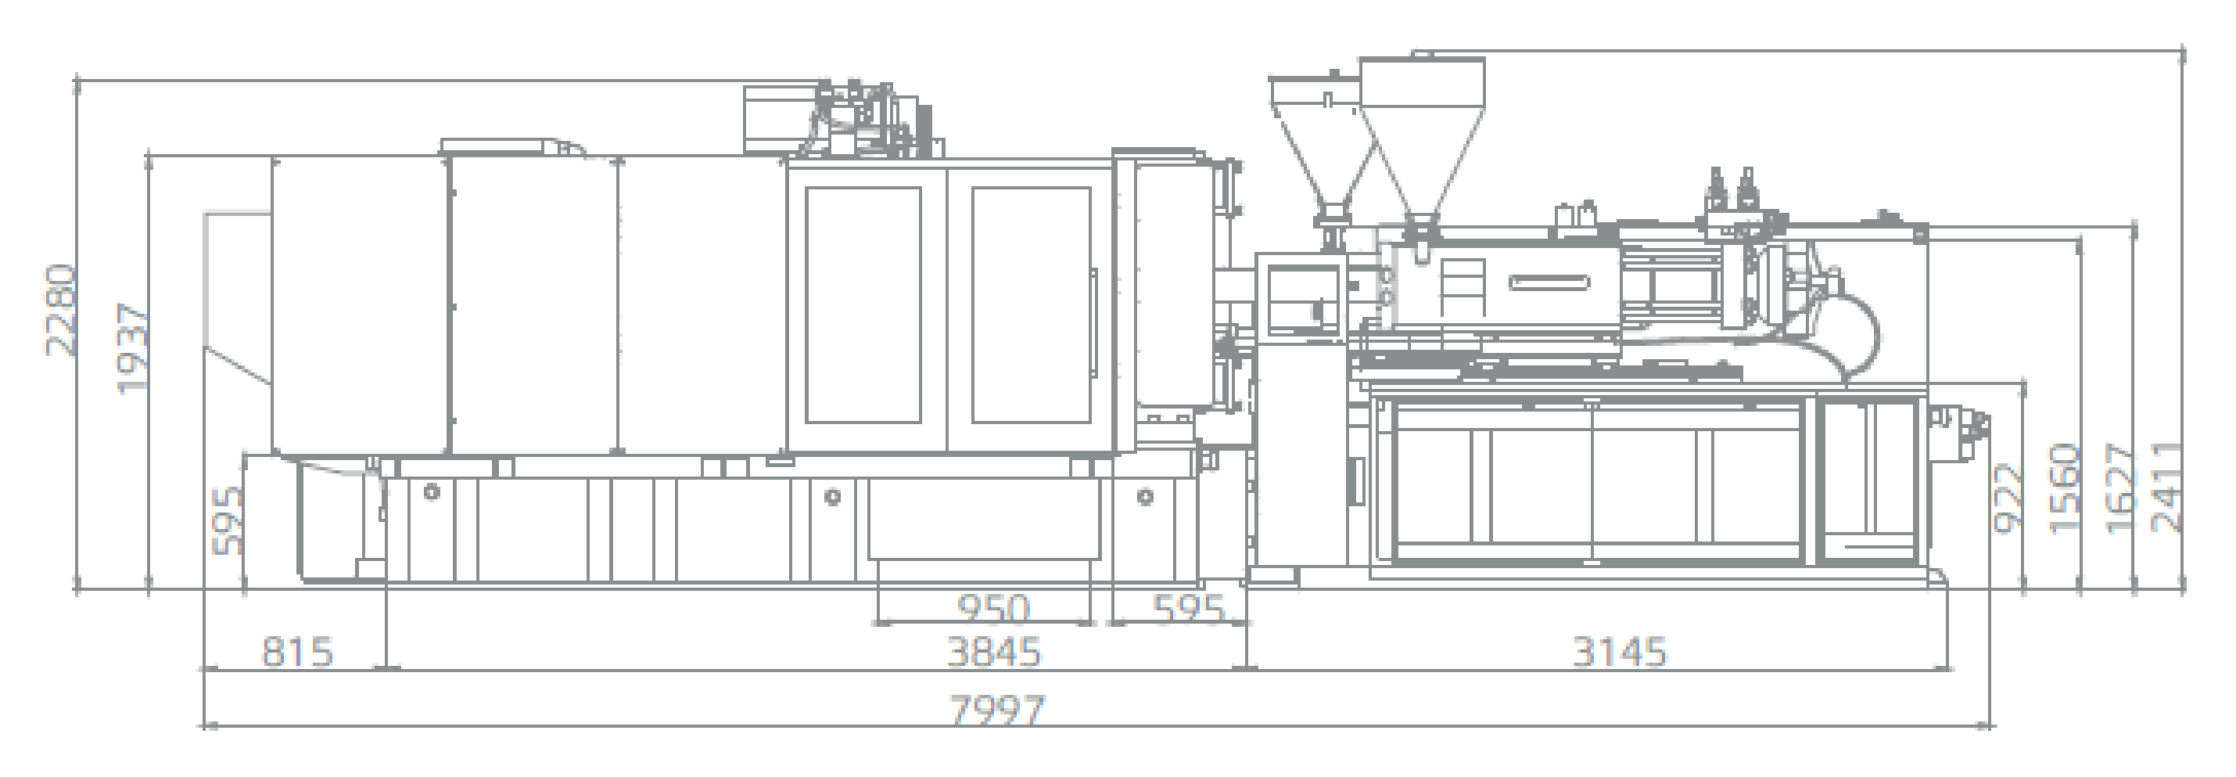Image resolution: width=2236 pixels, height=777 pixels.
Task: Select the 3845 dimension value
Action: point(993,652)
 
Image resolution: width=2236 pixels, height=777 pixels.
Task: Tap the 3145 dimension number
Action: point(1620,652)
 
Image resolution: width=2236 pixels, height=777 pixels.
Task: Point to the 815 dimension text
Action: point(298,652)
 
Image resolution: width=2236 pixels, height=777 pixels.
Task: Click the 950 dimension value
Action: point(993,609)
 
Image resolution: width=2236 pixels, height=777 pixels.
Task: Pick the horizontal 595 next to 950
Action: point(1188,609)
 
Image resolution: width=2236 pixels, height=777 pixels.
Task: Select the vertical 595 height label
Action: point(228,521)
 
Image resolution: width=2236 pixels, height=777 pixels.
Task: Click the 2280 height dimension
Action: point(62,311)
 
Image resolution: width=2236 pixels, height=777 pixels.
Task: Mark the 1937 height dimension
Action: point(133,347)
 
